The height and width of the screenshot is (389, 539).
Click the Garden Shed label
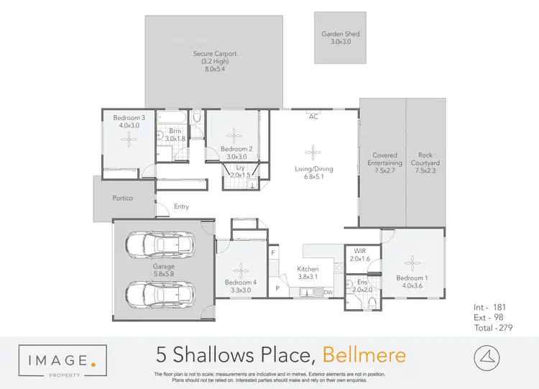click(x=341, y=34)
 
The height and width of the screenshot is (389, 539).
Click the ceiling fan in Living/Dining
click(x=313, y=150)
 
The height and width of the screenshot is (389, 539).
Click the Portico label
click(x=123, y=198)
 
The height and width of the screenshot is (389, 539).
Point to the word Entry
click(x=181, y=207)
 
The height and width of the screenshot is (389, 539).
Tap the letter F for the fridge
click(x=273, y=253)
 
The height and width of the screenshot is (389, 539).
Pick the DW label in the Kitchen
click(x=328, y=292)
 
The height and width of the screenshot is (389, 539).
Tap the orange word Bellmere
click(x=364, y=354)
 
